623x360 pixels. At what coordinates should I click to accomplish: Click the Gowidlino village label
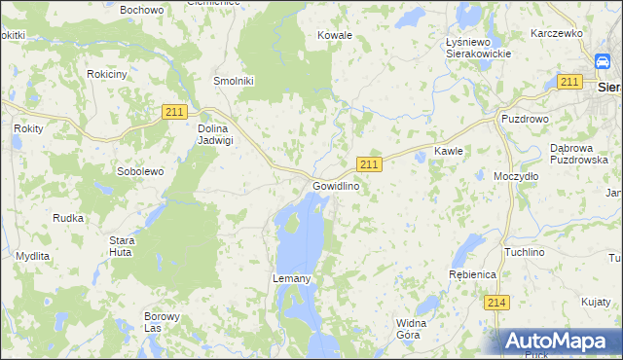click(337, 186)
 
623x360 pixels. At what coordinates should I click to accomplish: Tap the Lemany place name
click(291, 279)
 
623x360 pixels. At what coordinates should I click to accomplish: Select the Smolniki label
click(234, 82)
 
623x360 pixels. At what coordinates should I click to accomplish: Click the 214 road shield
click(496, 303)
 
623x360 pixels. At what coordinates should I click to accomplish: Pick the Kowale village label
click(335, 35)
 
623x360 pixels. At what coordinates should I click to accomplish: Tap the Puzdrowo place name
click(526, 119)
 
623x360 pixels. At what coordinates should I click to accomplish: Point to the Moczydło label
click(516, 177)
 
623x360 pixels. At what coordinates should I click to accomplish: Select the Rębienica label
click(473, 275)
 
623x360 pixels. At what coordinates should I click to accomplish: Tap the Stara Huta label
click(121, 245)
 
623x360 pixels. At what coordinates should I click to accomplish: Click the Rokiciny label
click(106, 74)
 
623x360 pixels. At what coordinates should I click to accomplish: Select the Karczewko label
click(556, 33)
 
